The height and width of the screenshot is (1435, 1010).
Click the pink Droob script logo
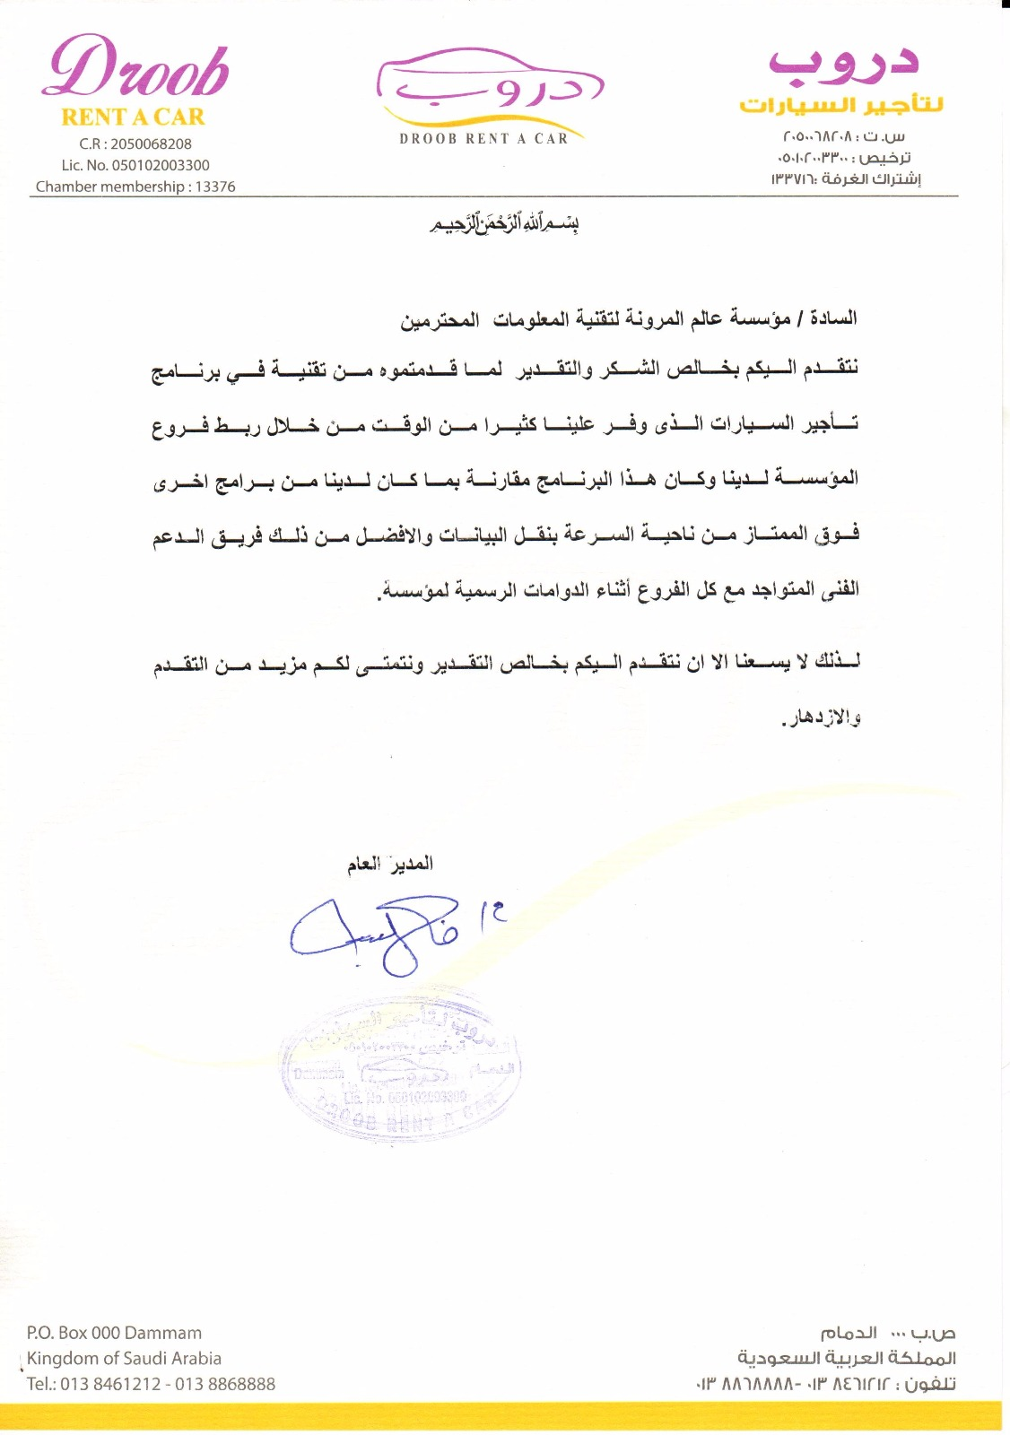click(x=135, y=68)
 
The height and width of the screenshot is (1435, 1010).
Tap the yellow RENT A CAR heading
click(x=133, y=117)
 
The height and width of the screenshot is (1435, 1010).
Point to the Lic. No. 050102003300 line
click(x=135, y=165)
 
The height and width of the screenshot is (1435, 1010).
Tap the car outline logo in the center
click(x=489, y=88)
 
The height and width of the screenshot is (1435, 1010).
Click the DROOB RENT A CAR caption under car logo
click(x=483, y=139)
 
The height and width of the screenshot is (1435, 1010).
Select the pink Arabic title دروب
click(x=843, y=61)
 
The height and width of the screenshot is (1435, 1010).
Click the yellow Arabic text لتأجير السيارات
click(x=840, y=105)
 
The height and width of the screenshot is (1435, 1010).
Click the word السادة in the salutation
click(x=833, y=318)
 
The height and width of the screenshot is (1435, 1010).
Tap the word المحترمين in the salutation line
click(x=440, y=319)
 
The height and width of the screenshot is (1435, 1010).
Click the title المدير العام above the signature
click(x=390, y=864)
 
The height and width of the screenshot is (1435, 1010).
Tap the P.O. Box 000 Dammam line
click(x=114, y=1333)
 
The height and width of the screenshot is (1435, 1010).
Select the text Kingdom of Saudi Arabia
click(x=124, y=1358)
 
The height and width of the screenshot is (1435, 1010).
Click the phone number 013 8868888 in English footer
click(x=225, y=1384)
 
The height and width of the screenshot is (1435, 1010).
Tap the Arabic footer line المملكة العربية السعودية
click(x=846, y=1358)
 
